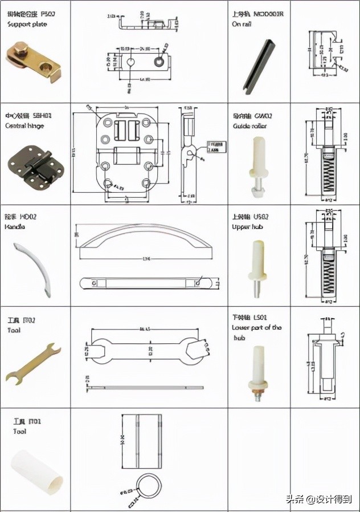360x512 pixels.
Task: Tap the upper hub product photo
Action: pos(258,269)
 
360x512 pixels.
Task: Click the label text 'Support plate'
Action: pos(27,25)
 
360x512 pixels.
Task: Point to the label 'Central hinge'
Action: pos(24,125)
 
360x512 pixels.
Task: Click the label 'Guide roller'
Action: pos(249,126)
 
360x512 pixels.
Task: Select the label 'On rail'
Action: pos(242,25)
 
